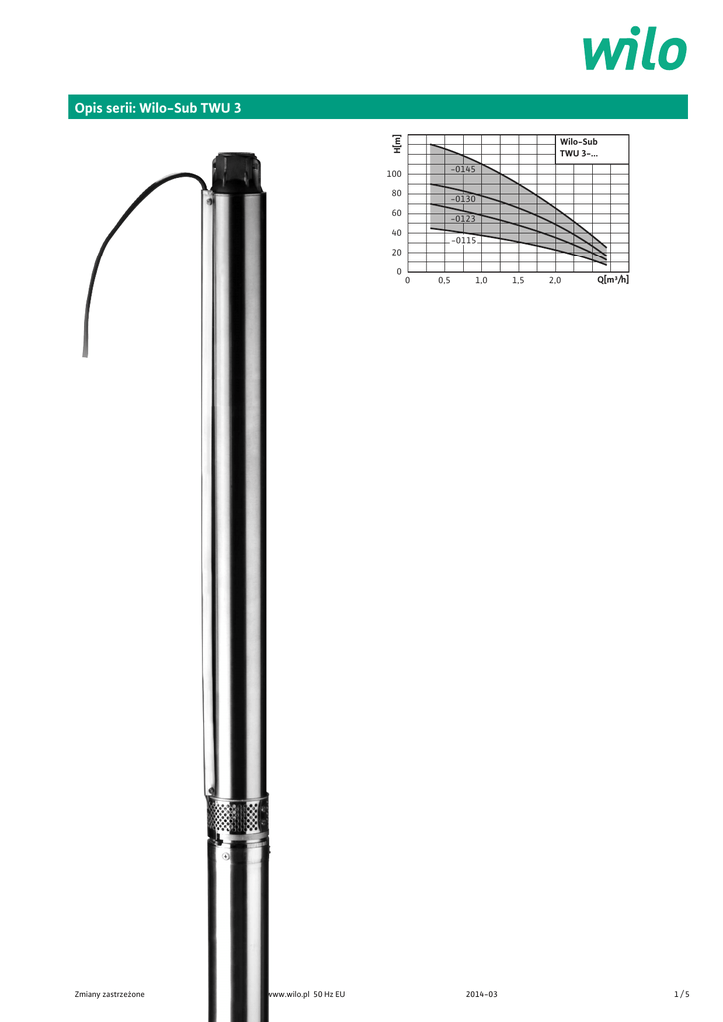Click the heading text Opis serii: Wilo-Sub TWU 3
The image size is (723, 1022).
click(x=158, y=108)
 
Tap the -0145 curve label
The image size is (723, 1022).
click(x=463, y=169)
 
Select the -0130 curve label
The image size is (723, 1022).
click(x=463, y=199)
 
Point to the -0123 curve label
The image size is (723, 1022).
click(x=463, y=219)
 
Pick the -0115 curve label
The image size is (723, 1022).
click(x=464, y=240)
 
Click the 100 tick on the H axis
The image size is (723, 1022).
click(x=394, y=174)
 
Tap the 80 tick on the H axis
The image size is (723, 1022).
click(x=397, y=193)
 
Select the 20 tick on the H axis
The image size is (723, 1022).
click(x=397, y=253)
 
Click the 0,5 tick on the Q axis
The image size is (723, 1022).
click(x=444, y=280)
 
